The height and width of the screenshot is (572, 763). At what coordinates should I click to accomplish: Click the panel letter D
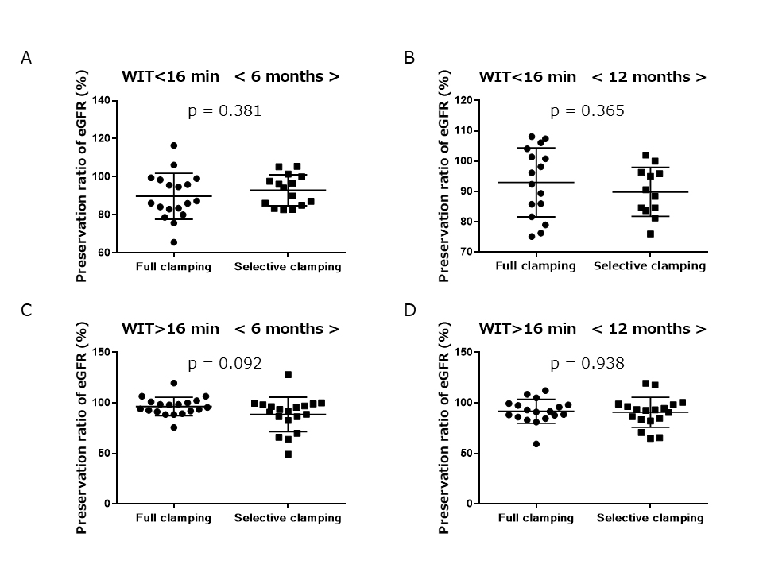tap(411, 310)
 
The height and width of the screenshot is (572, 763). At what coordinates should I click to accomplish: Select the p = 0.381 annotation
tap(224, 111)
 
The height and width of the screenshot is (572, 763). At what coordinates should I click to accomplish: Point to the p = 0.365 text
tap(587, 111)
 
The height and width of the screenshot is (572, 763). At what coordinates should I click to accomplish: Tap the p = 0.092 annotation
tap(224, 364)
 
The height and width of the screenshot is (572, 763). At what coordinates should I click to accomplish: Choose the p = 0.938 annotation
tap(587, 364)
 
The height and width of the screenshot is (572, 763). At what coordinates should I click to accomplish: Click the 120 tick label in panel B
tap(464, 101)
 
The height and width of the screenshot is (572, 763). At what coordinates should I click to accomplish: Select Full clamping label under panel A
tap(173, 267)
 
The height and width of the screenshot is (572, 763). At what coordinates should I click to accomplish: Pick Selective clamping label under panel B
tap(649, 265)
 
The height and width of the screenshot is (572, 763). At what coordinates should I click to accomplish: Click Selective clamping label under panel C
tap(287, 518)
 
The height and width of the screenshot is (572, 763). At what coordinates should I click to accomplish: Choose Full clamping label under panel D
tap(536, 518)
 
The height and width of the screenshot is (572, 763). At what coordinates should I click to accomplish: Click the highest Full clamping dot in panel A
tap(173, 145)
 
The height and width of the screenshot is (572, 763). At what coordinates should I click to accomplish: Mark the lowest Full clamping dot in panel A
tap(173, 242)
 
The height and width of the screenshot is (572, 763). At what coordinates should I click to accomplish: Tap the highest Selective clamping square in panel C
tap(288, 375)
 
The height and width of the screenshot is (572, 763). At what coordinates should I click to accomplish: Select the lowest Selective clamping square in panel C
tap(288, 454)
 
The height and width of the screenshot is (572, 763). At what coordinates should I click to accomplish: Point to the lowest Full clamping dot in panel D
tap(536, 444)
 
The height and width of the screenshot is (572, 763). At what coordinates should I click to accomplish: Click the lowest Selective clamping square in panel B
tap(650, 234)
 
